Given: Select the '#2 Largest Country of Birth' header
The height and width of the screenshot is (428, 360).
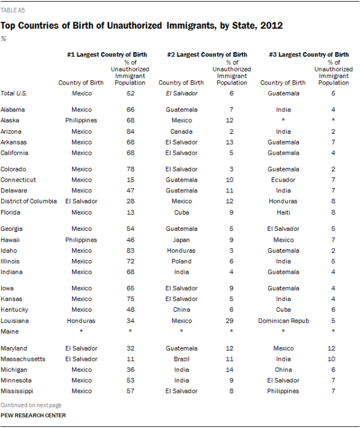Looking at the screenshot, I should click(206, 55).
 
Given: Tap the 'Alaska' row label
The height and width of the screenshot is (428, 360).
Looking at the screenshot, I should click(10, 120).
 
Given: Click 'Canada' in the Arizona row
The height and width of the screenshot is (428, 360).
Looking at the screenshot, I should click(181, 131).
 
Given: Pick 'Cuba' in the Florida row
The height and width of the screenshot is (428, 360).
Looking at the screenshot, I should click(181, 212).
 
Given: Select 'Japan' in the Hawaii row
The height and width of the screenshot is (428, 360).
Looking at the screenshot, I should click(181, 239).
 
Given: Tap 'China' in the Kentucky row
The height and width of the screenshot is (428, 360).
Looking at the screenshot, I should click(181, 309).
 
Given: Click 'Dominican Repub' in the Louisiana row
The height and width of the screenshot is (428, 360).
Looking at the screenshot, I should click(284, 320).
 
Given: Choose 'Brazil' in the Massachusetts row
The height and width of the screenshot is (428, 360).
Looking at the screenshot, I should click(181, 358).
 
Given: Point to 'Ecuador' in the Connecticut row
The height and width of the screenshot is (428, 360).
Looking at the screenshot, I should click(284, 179).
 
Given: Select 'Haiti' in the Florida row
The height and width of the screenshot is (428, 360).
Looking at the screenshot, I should click(284, 212).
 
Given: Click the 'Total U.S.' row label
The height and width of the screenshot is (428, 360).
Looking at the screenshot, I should click(14, 93).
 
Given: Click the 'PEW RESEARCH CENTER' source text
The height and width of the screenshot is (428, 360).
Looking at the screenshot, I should click(34, 415).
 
